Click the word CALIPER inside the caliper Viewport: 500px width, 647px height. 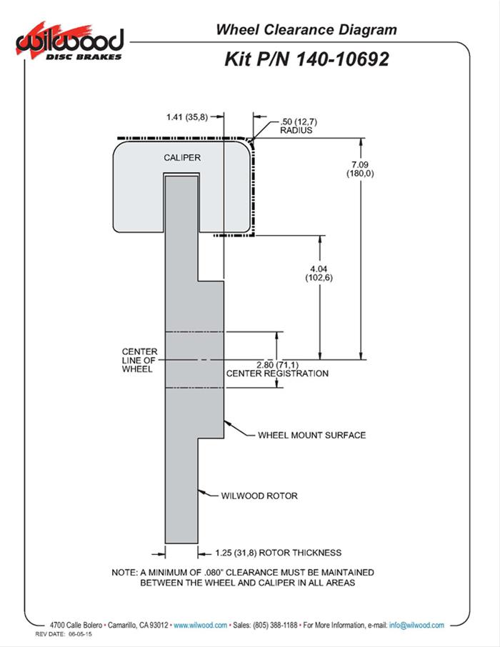pos(181,157)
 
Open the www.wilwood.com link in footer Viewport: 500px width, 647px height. pos(200,625)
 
